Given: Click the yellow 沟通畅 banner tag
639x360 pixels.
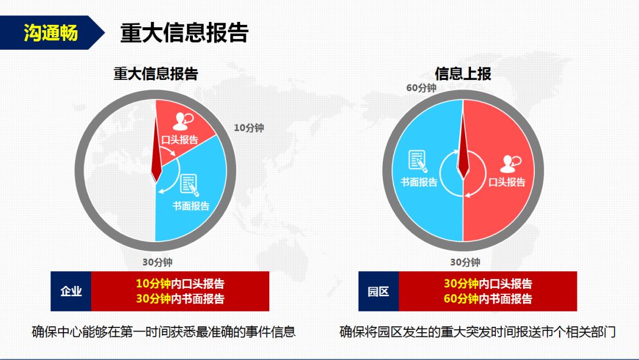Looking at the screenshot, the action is tap(50, 33).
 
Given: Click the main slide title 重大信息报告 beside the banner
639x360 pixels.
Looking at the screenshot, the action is tap(184, 33).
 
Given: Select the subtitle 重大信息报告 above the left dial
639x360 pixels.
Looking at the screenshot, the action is tap(156, 74).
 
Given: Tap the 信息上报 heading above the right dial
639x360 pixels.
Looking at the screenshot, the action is tap(463, 74).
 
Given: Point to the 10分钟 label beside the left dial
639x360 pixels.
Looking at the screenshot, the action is tap(249, 128).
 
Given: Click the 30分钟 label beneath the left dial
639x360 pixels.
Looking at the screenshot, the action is tap(157, 262).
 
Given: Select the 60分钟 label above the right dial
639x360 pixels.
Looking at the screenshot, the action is tap(421, 88).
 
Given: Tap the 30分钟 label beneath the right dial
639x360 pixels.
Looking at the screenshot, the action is tap(465, 262).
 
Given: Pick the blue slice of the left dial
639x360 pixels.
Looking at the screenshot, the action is tap(196, 196).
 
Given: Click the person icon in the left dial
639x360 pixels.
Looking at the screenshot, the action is tap(183, 121).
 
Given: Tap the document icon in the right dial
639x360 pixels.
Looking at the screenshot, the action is tap(418, 161).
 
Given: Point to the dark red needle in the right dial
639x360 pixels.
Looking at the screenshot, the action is tap(463, 147).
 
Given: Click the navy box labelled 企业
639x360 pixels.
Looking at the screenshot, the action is tap(71, 291).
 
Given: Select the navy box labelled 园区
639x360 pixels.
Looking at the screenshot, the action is tap(379, 291).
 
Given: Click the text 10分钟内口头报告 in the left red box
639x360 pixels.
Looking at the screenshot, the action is tap(180, 284).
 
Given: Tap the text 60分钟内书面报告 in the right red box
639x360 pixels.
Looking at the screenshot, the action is tap(488, 299).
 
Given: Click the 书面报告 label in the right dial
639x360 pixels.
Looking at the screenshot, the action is tap(419, 182).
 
